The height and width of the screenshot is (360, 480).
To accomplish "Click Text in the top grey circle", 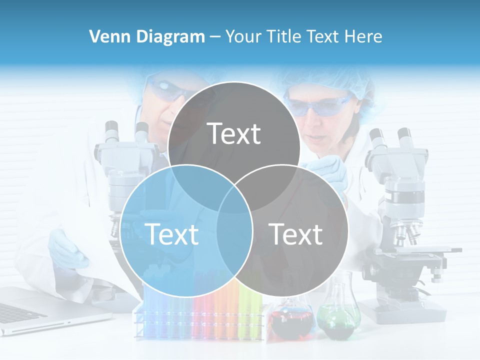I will click(234, 133).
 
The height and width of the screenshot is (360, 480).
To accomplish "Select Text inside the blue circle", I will click(171, 234).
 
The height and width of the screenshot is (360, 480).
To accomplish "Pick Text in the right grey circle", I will click(295, 234).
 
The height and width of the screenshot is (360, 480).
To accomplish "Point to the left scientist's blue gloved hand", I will click(67, 247).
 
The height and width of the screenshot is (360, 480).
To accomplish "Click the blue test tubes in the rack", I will click(152, 312).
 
